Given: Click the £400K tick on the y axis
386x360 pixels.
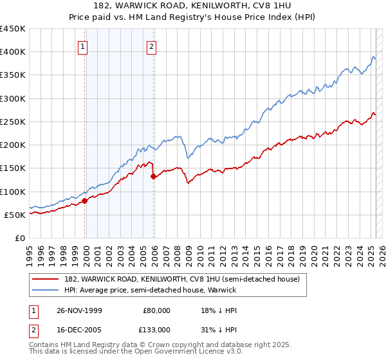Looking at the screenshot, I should tap(13, 52).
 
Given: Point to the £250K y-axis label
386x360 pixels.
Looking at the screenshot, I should tap(13, 122).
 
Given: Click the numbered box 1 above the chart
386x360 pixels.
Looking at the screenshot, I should tap(84, 46).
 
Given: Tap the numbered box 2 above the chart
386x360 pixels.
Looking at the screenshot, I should tap(151, 46).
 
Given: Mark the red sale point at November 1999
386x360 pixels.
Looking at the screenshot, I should tap(85, 201).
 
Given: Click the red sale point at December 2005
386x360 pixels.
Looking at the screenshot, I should tap(154, 177).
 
